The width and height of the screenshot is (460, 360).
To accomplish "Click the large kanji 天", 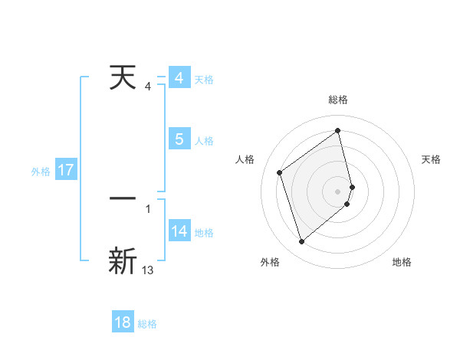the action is [123, 78].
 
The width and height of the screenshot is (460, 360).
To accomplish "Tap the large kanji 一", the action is [123, 198].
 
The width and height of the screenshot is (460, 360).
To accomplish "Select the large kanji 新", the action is [123, 260].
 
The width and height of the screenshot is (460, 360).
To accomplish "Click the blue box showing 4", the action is [179, 78].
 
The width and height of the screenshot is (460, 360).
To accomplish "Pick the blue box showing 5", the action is [179, 139].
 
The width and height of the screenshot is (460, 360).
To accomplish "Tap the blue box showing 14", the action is [179, 231].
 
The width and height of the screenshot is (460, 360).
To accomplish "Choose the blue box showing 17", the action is [65, 170].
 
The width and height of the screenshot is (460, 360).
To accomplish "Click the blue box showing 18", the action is [123, 322].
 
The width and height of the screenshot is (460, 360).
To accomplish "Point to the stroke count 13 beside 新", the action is [148, 270].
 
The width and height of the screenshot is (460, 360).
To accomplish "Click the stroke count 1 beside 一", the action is [148, 208].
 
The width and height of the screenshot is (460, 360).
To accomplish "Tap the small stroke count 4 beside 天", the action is [148, 87].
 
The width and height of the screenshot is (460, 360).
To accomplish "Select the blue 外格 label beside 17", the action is [41, 171].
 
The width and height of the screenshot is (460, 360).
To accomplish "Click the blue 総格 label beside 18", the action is [147, 323].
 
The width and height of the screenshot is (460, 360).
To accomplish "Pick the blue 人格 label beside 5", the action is [204, 140].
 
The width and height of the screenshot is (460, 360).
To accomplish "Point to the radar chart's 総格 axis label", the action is [337, 100].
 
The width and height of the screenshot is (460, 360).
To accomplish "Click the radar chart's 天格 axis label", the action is [432, 159].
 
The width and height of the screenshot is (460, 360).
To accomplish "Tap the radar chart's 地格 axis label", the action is [402, 262].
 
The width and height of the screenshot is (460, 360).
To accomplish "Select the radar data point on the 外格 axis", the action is [301, 242].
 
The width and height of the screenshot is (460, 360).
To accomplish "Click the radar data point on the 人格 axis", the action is [280, 173].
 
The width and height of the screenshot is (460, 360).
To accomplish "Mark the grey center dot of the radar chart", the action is [337, 190].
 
